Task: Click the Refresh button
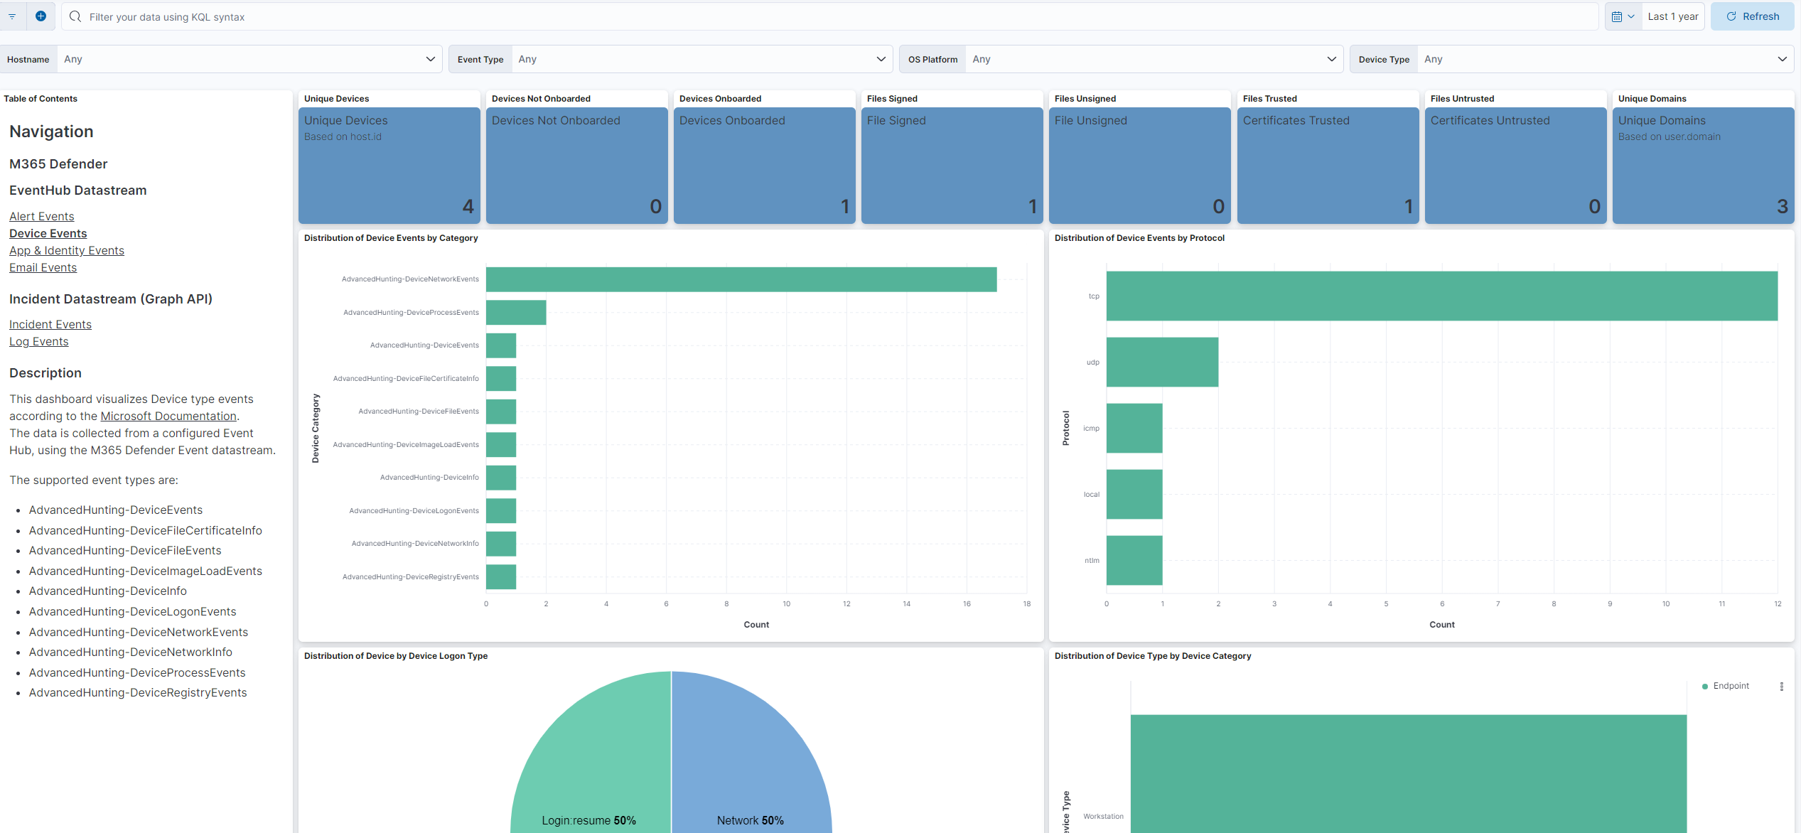point(1753,16)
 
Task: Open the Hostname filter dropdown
point(249,59)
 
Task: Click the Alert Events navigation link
point(41,216)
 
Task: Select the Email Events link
point(43,267)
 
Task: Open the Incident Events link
point(50,324)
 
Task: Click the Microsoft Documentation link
point(168,416)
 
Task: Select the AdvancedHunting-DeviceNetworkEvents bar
point(741,279)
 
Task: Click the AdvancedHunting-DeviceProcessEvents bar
point(516,313)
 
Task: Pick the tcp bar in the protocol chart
point(1441,296)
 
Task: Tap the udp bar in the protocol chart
point(1162,362)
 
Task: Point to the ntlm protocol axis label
point(1092,561)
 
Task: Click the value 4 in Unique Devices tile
point(468,206)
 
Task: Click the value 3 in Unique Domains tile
point(1782,206)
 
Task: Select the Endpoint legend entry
point(1730,686)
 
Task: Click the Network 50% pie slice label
point(750,820)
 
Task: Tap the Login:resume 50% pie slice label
point(588,820)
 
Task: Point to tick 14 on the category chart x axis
point(906,604)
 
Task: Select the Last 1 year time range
point(1672,16)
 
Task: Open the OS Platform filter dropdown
point(1151,59)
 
